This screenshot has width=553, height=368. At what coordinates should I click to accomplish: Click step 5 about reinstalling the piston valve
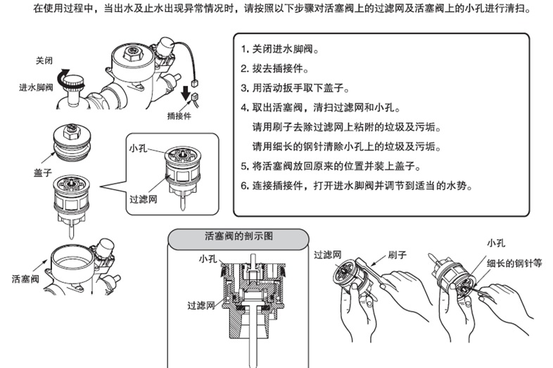pos(330,167)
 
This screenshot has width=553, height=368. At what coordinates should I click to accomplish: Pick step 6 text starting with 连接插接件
pos(356,186)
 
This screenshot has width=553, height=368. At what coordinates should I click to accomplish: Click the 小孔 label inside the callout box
pos(138,148)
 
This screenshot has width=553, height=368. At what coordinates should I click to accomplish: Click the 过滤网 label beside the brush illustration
pos(328,254)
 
